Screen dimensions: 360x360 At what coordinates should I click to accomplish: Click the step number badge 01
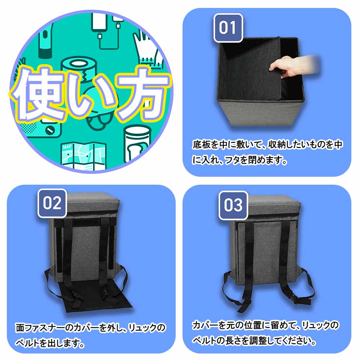point(228,28)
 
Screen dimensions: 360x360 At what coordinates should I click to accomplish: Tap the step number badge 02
point(52,203)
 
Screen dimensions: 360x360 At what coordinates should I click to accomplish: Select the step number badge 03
point(233,205)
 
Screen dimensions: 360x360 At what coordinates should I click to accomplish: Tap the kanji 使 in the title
point(37,94)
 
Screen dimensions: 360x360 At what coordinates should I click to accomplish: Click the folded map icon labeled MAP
point(84,156)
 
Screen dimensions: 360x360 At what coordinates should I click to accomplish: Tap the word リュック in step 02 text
point(142,328)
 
